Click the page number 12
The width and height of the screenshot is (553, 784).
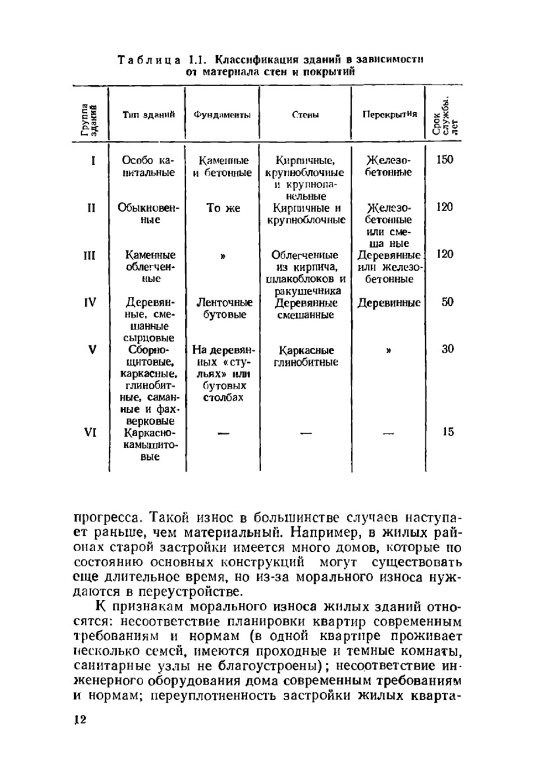pyautogui.click(x=80, y=719)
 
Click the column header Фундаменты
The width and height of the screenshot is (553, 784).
pyautogui.click(x=222, y=115)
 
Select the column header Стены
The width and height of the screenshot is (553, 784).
pyautogui.click(x=305, y=115)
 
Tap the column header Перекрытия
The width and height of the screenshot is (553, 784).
pyautogui.click(x=389, y=114)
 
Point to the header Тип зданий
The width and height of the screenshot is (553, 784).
pyautogui.click(x=148, y=114)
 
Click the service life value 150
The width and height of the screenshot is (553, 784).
pyautogui.click(x=445, y=160)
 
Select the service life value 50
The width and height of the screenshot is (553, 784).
pyautogui.click(x=447, y=302)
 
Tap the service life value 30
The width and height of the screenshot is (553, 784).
pyautogui.click(x=447, y=349)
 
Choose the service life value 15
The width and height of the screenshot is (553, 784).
pyautogui.click(x=447, y=432)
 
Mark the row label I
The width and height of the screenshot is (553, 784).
pyautogui.click(x=92, y=160)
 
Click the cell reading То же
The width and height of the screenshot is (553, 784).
pyautogui.click(x=223, y=208)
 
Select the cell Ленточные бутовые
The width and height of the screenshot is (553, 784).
pyautogui.click(x=223, y=309)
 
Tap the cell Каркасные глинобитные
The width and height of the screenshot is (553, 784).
pyautogui.click(x=306, y=356)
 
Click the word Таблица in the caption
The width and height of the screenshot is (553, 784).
pyautogui.click(x=149, y=60)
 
